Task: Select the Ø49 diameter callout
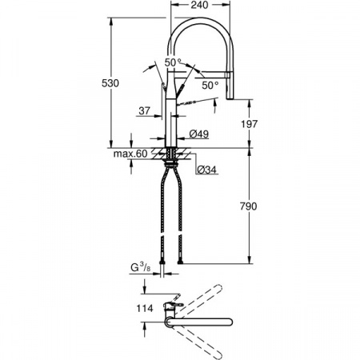point(199,134)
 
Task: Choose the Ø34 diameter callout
point(206,169)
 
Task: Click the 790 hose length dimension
point(248,207)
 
